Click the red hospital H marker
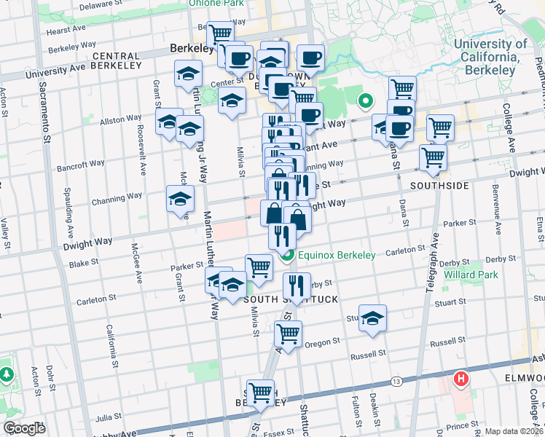[x=460, y=379]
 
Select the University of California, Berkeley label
[x=490, y=50]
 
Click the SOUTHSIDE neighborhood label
[x=439, y=186]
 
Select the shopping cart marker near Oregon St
[x=289, y=334]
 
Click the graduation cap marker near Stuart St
[x=372, y=318]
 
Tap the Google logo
[x=24, y=428]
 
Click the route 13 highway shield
[x=396, y=381]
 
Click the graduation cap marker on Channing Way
[x=180, y=199]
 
